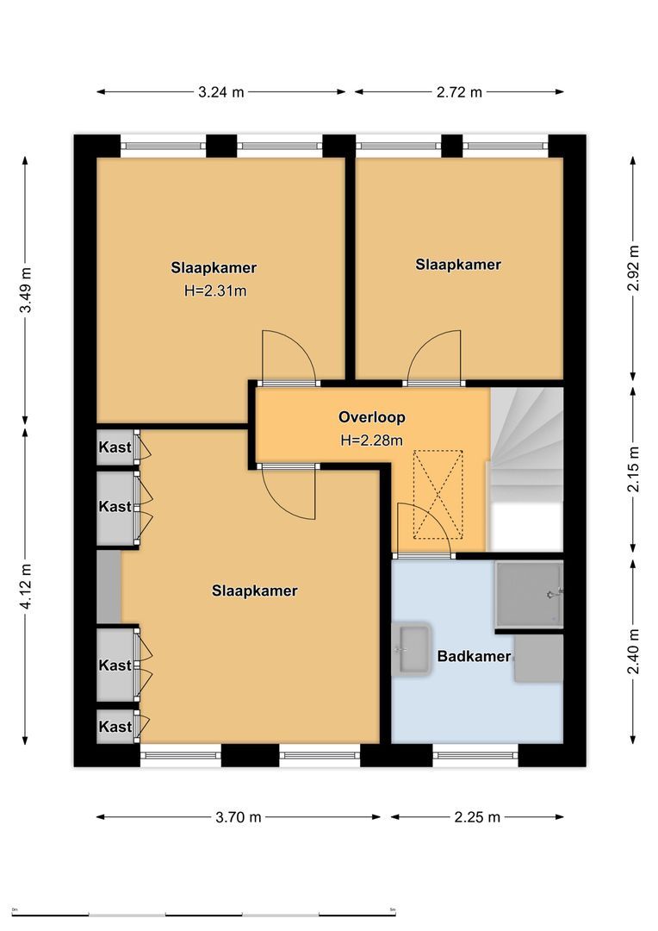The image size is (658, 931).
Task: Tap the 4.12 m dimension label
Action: pos(27,587)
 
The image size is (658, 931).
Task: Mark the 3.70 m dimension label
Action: pos(239,817)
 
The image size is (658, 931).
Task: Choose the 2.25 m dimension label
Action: pos(477,817)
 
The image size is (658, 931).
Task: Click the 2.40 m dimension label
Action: pos(635,653)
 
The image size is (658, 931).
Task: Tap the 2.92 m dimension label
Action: pos(635,270)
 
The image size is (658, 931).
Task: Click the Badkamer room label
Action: pos(474,657)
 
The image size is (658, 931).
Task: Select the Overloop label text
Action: pos(371,417)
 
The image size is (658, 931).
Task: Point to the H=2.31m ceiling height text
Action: pos(215,291)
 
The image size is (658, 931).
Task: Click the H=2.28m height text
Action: pos(372,441)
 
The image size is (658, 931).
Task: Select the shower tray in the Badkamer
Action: pos(528,594)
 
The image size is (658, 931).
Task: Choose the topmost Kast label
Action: pos(115,447)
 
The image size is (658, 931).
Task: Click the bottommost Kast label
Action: pos(115,727)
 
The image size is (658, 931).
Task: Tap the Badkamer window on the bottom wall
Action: pos(475,756)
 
